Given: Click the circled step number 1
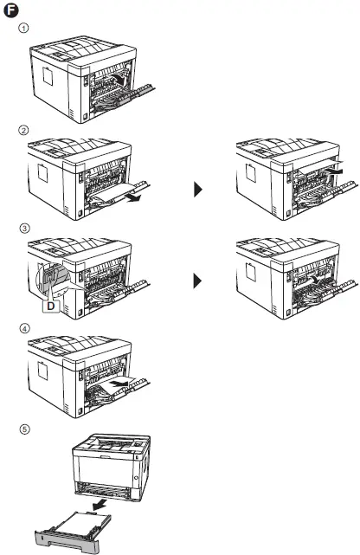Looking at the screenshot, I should (24, 27).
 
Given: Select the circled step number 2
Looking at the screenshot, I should (24, 130).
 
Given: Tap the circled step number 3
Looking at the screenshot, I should (24, 229).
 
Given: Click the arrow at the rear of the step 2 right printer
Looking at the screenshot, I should (341, 177).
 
